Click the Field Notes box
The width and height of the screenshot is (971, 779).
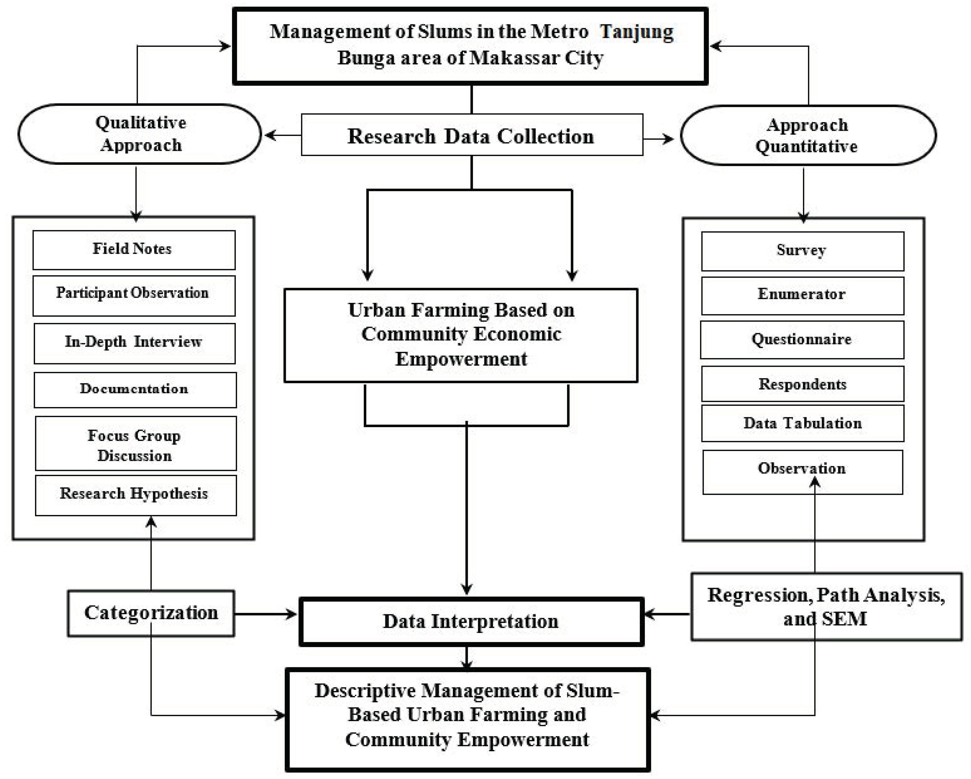[x=134, y=250]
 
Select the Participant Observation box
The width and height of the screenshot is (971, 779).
[x=134, y=295]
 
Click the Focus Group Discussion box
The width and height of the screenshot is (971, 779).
[x=135, y=443]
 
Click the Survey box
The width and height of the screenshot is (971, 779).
[x=802, y=251]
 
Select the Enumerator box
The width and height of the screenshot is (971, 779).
[x=802, y=295]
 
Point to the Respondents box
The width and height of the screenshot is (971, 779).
[x=802, y=384]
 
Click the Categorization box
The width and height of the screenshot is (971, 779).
[x=151, y=613]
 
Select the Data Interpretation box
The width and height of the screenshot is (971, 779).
[x=471, y=621]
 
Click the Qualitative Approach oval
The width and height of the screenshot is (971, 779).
[x=140, y=134]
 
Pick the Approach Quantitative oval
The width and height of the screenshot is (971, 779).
[x=808, y=135]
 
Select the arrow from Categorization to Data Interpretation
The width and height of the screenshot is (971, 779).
[x=266, y=614]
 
